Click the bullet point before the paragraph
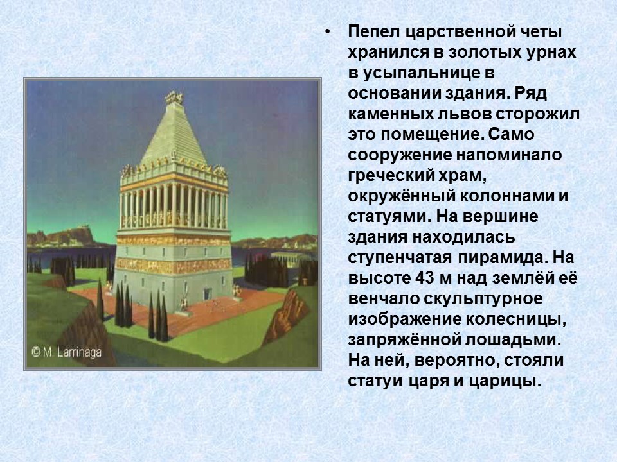[328, 32]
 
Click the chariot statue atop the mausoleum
[174, 98]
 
